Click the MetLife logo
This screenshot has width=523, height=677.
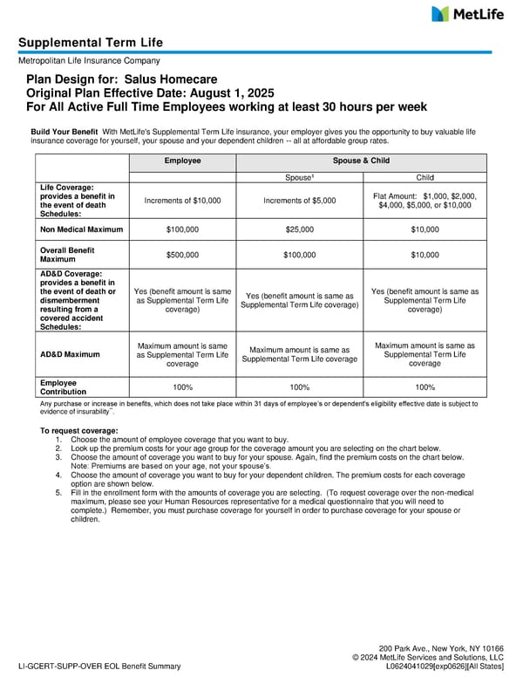coord(467,14)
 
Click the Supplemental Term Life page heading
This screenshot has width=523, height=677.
coord(91,43)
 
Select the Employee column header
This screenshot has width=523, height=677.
coord(183,161)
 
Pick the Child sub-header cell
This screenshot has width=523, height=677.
coord(425,177)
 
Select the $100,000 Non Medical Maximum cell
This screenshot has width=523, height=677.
coord(183,229)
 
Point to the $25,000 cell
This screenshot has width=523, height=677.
coord(300,229)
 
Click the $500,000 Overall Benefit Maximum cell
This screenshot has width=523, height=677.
coord(183,255)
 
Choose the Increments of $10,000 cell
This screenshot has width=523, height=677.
coord(183,201)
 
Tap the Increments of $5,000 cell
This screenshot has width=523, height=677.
coord(300,201)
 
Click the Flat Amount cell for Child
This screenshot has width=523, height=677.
coord(425,201)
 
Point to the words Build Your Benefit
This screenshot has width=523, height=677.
coord(64,131)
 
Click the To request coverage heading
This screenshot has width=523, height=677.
coord(78,431)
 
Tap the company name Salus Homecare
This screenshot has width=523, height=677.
coord(179,79)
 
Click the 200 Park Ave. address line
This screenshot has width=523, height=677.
coord(441,648)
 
